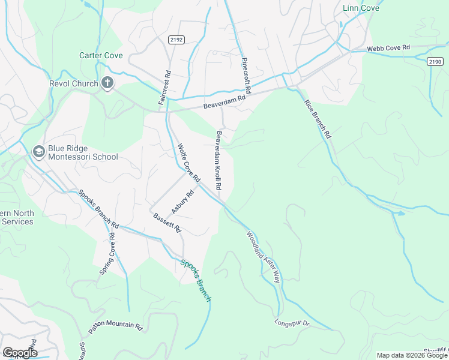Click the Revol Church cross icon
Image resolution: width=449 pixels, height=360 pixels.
tap(107, 83)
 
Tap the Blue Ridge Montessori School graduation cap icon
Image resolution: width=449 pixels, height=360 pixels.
tap(39, 151)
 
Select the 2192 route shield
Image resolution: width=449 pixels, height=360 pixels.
tap(176, 39)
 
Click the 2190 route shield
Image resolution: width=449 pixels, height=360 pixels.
tap(435, 61)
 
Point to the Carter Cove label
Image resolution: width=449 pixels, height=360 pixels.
tap(101, 55)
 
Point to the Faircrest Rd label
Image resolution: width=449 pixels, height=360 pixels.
tap(165, 88)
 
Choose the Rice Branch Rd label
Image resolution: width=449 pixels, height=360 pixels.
tap(318, 119)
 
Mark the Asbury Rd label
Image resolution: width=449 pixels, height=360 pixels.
tap(184, 202)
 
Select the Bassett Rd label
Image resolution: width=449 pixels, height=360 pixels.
tap(167, 223)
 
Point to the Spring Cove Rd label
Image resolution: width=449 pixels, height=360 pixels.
tap(107, 254)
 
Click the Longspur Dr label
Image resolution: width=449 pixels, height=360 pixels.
tap(291, 323)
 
